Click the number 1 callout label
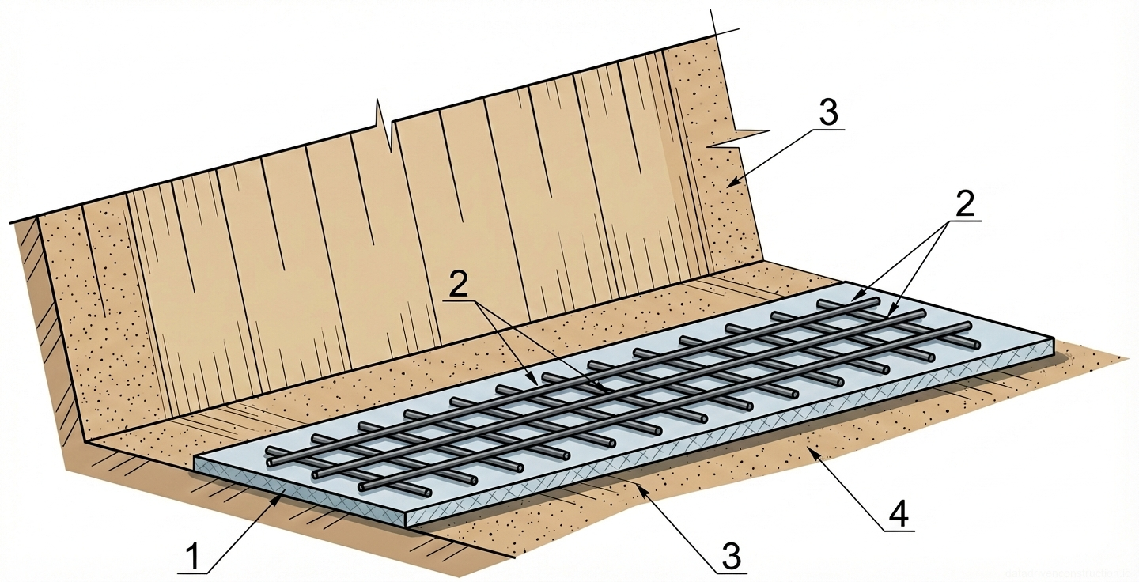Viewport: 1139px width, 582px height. click(192, 557)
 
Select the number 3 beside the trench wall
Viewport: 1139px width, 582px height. click(827, 112)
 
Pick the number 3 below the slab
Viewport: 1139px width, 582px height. click(731, 557)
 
